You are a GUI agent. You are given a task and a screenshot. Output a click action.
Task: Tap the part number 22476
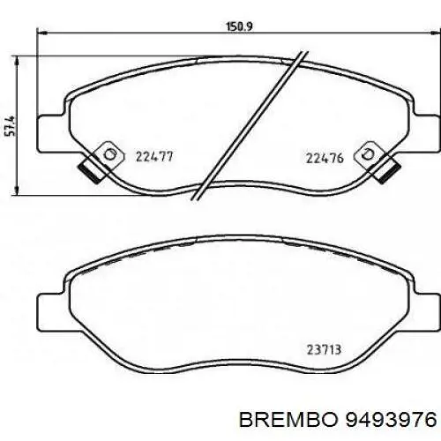point(324,158)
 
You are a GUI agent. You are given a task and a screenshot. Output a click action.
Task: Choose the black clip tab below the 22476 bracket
point(385,169)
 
